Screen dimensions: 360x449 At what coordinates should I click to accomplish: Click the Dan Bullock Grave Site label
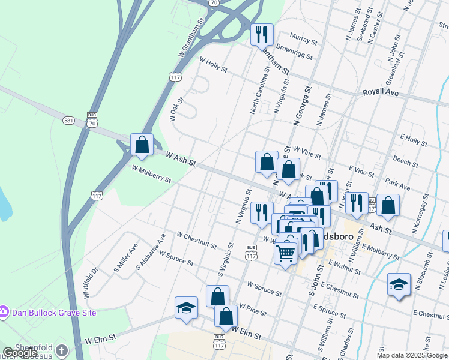tap(53, 313)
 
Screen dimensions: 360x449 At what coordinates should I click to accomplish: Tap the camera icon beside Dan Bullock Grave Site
tap(4, 312)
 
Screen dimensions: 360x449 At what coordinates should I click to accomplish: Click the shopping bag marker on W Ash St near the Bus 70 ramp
tap(142, 145)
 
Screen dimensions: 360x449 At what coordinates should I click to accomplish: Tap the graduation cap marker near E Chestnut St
tap(399, 284)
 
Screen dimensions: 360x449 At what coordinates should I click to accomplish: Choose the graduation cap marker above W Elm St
tap(187, 308)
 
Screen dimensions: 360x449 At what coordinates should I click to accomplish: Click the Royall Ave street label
tap(381, 93)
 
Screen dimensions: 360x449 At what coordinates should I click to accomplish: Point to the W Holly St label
tap(213, 65)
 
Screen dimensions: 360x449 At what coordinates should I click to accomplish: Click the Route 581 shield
tap(68, 121)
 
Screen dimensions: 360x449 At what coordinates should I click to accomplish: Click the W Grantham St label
tap(191, 37)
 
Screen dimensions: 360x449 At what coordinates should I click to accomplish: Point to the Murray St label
tap(303, 40)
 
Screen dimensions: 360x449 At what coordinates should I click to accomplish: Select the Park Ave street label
tap(397, 184)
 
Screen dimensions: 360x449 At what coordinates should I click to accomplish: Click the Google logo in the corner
tap(20, 353)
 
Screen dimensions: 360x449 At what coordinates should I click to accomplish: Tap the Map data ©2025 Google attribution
tap(411, 355)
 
